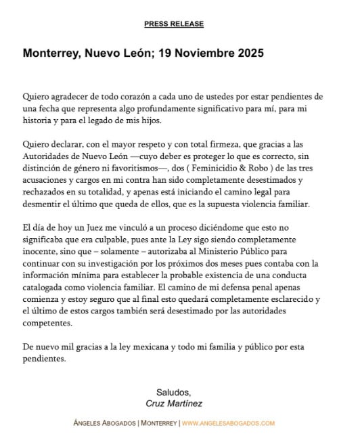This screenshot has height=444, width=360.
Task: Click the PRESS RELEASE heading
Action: [x=174, y=24]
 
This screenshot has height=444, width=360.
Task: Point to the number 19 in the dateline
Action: [x=149, y=52]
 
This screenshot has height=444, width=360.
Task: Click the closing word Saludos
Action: [x=173, y=393]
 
